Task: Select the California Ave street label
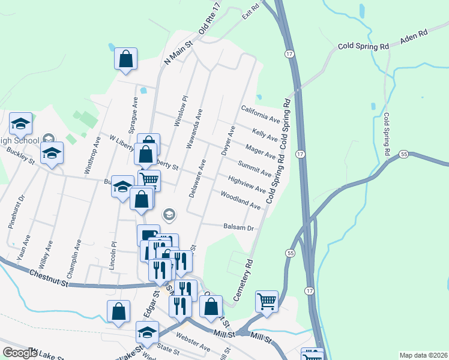click(x=261, y=114)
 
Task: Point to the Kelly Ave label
click(x=264, y=134)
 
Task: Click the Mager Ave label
click(x=261, y=151)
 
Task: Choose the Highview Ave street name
click(x=246, y=184)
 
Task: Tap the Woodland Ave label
click(x=240, y=200)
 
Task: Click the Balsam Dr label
click(x=239, y=228)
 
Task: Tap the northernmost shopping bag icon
click(x=126, y=60)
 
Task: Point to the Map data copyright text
click(x=423, y=355)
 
